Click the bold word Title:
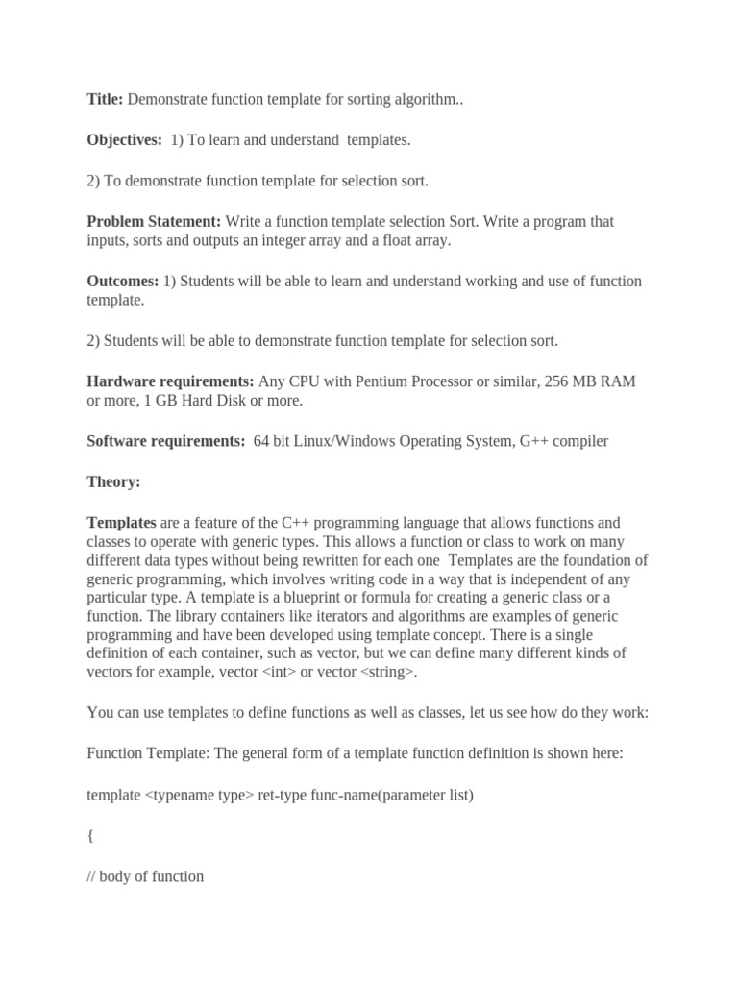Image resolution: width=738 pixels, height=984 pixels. coord(105,99)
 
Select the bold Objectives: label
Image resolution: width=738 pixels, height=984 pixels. coord(125,140)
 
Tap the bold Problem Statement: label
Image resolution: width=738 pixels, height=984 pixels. coord(154,221)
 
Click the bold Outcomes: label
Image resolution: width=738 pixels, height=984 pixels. coord(123,281)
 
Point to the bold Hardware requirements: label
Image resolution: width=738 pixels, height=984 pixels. coord(170,381)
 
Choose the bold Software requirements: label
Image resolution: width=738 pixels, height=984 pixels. coord(166,441)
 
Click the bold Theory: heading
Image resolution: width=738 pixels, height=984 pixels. coord(113,481)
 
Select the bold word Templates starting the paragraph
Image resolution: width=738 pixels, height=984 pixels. coord(121,523)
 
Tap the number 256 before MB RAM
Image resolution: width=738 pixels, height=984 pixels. coord(558,381)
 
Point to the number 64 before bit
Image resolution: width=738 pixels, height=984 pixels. coord(262,441)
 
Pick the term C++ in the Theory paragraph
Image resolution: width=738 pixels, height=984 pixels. coord(298,523)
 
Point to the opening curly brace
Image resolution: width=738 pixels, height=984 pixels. coord(90,836)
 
